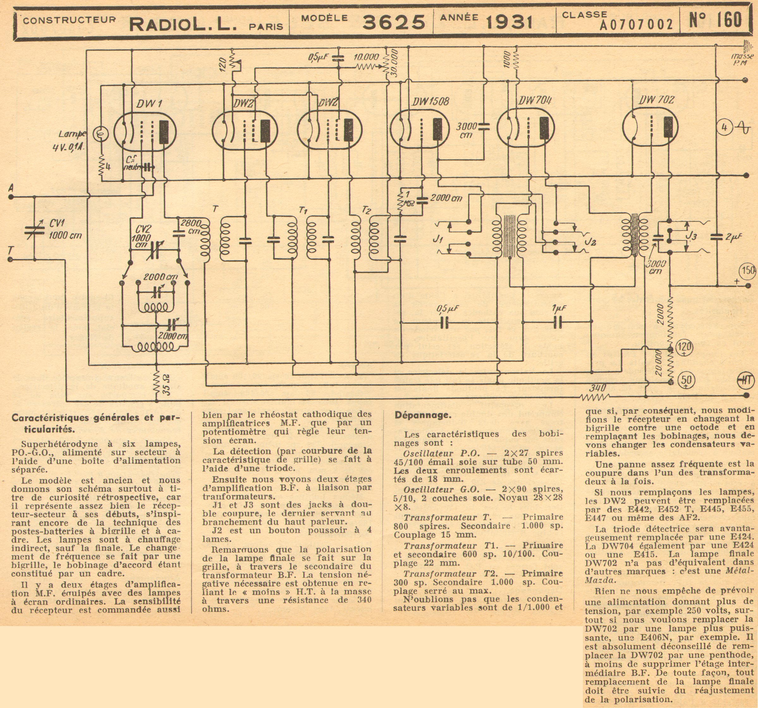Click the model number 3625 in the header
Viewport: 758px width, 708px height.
(x=393, y=22)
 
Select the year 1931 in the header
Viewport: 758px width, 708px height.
(x=509, y=23)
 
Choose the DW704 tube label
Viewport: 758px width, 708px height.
(x=535, y=100)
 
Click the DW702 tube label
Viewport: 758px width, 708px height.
(x=657, y=100)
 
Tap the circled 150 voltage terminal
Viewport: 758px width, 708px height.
(x=747, y=270)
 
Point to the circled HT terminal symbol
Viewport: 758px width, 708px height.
(x=745, y=380)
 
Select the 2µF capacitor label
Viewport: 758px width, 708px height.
(x=733, y=237)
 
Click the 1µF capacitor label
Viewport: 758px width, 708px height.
(x=559, y=307)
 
